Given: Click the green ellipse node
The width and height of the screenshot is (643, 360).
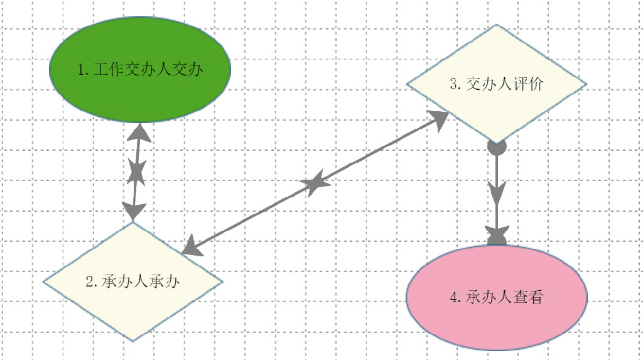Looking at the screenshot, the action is tap(140, 69).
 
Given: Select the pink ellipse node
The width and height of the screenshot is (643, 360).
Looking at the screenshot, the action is tap(497, 297).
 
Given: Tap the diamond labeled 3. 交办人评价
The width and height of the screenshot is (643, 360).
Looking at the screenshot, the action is tap(497, 84).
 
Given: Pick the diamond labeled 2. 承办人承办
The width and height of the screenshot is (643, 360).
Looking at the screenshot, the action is tap(133, 281).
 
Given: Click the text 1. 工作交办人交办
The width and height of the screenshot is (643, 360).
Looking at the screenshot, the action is tap(140, 69).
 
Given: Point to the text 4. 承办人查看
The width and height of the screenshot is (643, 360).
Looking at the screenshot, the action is tap(497, 297).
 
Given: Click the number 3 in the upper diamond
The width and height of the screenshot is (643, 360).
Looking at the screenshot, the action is tap(454, 84).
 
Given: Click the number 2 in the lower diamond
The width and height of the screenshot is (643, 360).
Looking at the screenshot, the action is tap(90, 282).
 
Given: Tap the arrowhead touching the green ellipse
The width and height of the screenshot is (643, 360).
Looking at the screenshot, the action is tap(140, 132).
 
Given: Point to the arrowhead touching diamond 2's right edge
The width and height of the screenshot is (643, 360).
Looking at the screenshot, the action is tap(193, 247).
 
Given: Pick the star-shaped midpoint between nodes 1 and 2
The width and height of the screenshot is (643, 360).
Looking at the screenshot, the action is tap(136, 172).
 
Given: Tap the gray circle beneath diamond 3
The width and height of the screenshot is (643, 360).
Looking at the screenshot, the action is tap(497, 146).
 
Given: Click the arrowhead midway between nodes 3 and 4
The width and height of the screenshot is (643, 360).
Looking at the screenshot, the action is tap(497, 192).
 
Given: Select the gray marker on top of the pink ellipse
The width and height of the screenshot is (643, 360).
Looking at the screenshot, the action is tap(497, 236).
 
